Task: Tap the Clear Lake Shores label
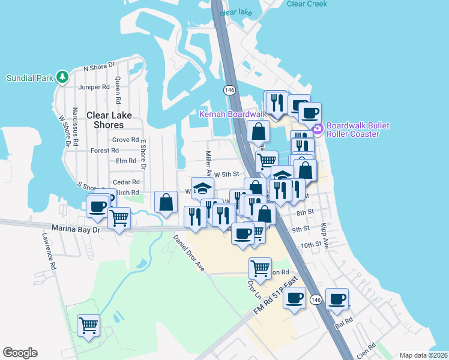(105, 120)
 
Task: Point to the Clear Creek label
(307, 4)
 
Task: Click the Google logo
(20, 353)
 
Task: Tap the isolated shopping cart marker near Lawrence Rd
(88, 325)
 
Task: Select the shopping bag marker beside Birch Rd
(166, 202)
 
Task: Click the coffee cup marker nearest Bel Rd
(337, 298)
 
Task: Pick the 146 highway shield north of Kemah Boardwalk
(229, 90)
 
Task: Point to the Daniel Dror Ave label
(188, 251)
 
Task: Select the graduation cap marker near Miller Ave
(202, 187)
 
